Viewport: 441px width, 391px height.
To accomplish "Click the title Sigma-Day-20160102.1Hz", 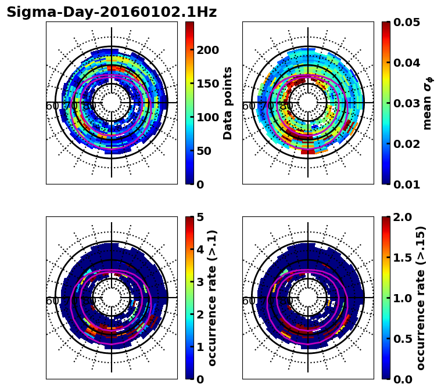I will pos(112,12).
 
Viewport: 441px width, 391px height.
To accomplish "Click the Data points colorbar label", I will pos(228,103).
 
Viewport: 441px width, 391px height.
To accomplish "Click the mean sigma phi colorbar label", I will pos(427,103).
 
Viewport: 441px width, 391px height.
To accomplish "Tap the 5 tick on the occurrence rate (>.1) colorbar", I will pos(199,217).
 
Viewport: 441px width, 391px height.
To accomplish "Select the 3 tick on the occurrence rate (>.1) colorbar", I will pos(199,282).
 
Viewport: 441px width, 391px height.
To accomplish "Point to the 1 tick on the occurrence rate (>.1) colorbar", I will pos(199,347).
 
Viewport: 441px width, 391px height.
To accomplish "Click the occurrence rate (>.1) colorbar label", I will pos(213,298).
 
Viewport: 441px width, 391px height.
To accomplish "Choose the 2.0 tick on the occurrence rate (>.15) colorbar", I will pos(402,217).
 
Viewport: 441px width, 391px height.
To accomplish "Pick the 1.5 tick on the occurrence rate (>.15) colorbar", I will pos(402,258).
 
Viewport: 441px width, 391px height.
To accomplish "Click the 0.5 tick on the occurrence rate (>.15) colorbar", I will pos(402,339).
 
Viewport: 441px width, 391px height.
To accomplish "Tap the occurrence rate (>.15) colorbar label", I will pos(421,298).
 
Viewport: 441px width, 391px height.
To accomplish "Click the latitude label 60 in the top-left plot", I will pos(52,106).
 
